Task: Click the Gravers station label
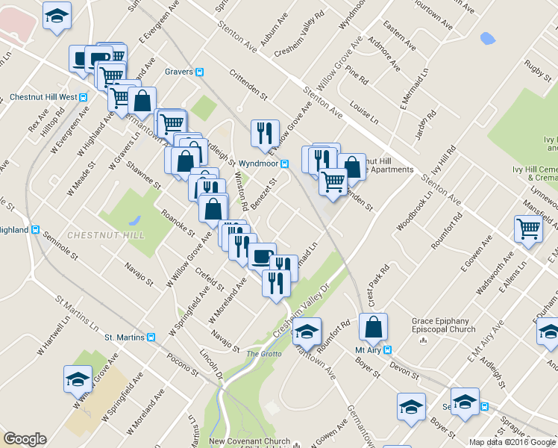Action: click(x=180, y=72)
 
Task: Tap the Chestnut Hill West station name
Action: click(x=43, y=97)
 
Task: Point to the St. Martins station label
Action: click(x=124, y=337)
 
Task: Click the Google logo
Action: click(x=25, y=439)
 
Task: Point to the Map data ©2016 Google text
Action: click(x=512, y=442)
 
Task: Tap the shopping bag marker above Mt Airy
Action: click(x=373, y=326)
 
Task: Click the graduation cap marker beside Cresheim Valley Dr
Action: click(x=306, y=331)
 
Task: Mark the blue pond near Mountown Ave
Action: click(x=488, y=38)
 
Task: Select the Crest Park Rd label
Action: click(x=379, y=281)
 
